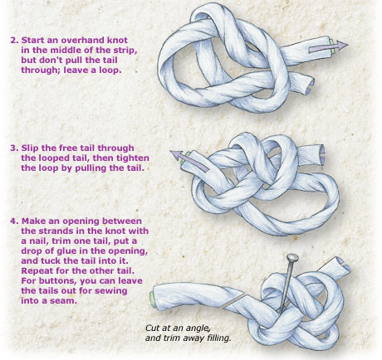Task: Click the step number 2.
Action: coord(14,40)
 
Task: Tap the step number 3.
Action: coord(14,148)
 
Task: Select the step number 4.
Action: coord(15,221)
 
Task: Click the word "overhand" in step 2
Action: coord(82,40)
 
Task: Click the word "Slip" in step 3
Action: coord(29,148)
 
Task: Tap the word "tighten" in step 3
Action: coord(133,158)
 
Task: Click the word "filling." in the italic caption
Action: coord(218,338)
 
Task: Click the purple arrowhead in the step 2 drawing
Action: coord(341,45)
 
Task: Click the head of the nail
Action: coord(293,258)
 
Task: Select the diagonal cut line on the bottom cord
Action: coord(233,300)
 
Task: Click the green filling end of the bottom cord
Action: coord(152,299)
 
